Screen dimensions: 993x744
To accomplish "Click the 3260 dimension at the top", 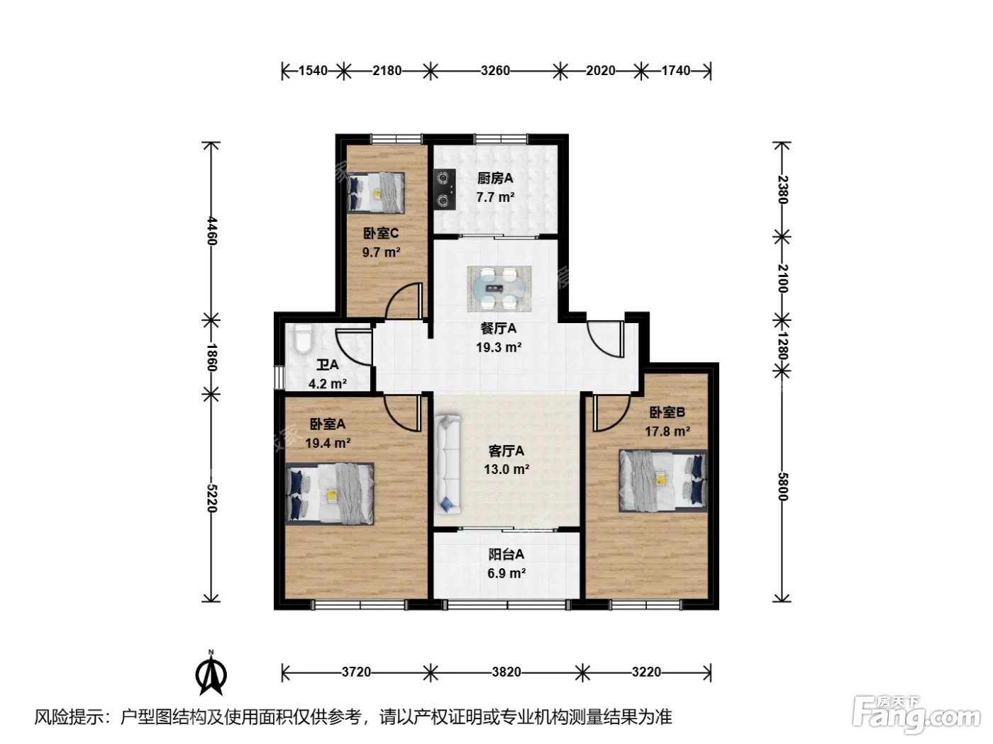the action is point(495,71).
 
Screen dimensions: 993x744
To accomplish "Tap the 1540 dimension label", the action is point(313,71).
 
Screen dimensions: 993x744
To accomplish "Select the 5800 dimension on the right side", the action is point(782,487).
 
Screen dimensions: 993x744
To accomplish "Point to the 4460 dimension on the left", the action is point(211,231).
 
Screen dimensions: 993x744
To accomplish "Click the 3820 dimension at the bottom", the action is point(506,672).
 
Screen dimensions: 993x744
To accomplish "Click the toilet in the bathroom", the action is point(303,339).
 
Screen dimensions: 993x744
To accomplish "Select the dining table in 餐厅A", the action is point(499,288).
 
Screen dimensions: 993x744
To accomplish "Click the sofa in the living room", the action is point(448,465).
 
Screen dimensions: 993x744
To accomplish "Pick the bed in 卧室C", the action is point(375,193).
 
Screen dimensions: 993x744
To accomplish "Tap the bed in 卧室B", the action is point(662,481).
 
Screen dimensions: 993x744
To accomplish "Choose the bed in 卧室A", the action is point(330,494).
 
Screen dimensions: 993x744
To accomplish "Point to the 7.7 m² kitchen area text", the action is point(495,198).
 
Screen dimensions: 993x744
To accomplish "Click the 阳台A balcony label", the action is point(506,554).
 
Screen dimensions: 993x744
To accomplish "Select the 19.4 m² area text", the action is point(328,443).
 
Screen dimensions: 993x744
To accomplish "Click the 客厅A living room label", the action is point(506,451).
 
